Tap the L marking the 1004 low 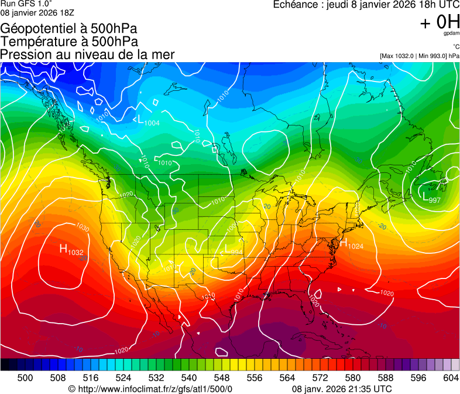click(140, 120)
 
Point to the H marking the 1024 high click(344, 243)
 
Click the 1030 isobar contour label click(82, 227)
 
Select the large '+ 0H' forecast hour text click(440, 22)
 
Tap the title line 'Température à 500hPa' click(69, 42)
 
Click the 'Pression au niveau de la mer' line click(87, 55)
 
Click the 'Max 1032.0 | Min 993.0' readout click(420, 56)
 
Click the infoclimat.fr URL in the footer click(150, 389)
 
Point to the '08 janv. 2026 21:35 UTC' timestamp click(342, 389)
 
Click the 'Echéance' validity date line click(366, 5)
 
